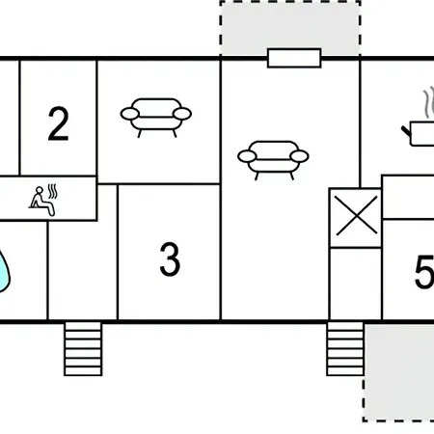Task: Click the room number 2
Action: click(x=58, y=123)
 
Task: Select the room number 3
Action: click(x=170, y=259)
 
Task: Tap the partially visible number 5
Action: click(x=424, y=272)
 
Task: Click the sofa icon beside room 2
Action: click(x=156, y=118)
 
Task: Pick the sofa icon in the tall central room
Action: click(x=273, y=160)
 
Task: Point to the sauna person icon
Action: click(x=41, y=202)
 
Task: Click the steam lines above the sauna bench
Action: click(x=52, y=191)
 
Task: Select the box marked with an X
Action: click(x=356, y=218)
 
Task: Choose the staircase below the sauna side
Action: click(x=83, y=349)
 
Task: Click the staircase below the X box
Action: click(x=345, y=349)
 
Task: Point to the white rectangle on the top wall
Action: click(x=294, y=58)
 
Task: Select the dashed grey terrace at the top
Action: click(x=290, y=28)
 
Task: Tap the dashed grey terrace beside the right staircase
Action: click(x=398, y=372)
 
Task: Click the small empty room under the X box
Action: click(x=356, y=284)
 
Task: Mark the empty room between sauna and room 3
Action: click(x=83, y=270)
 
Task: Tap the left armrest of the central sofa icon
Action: click(x=247, y=156)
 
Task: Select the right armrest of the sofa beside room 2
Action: click(x=182, y=114)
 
